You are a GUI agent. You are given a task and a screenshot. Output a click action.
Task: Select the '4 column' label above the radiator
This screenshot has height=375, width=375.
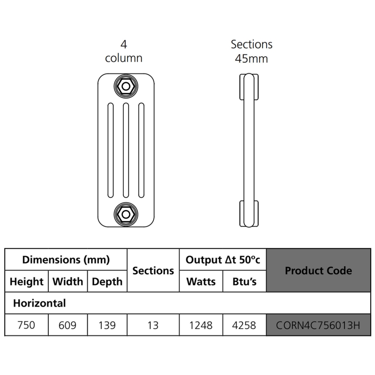coord(124,52)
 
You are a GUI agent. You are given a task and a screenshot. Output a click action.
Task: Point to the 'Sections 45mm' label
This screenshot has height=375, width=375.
coord(251,52)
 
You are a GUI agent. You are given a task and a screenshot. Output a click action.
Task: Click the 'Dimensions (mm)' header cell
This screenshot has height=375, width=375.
coord(66,259)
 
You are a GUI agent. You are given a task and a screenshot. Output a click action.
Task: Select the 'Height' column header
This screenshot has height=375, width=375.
coord(26,282)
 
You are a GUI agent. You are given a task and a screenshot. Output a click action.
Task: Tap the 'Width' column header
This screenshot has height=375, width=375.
coord(67,282)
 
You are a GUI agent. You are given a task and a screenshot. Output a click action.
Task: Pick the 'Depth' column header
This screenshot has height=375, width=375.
coord(107,282)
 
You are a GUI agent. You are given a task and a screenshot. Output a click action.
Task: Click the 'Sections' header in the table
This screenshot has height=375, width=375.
coord(153,270)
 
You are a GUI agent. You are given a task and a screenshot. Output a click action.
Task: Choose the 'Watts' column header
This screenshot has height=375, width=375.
coord(201,282)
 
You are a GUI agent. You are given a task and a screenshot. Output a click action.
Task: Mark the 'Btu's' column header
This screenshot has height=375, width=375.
coord(244,282)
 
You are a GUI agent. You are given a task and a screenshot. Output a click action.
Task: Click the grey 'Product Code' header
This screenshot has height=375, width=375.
coord(318,270)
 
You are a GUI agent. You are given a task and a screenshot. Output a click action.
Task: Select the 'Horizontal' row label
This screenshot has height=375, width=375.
coord(39,303)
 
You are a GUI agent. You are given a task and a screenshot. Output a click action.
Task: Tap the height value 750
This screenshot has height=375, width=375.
coord(26,325)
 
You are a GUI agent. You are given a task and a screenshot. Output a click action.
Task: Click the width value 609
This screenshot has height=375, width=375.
coord(67,325)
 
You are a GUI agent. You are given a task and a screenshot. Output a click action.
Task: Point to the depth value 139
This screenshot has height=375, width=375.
coord(107,325)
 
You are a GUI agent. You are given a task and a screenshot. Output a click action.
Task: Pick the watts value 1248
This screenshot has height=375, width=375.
coord(201,325)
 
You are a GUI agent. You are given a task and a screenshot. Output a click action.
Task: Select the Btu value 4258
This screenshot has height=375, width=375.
coord(244,325)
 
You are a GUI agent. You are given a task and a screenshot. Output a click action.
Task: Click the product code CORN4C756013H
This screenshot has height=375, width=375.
coord(318,325)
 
